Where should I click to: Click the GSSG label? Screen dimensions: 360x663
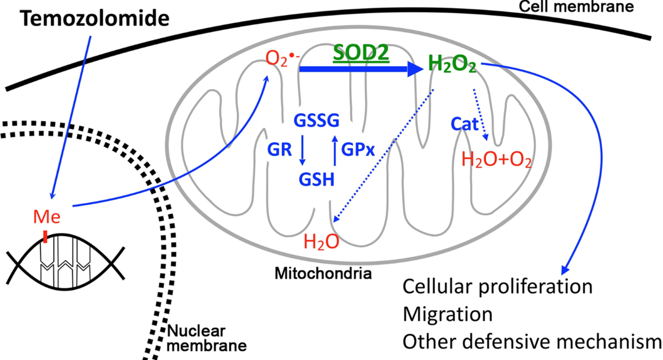tap(317, 120)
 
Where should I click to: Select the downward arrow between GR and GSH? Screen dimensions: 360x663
tap(302, 151)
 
